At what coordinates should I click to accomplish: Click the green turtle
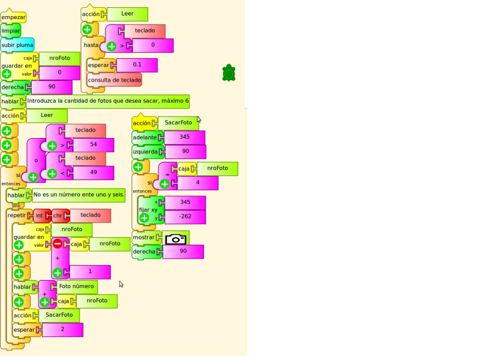click(x=229, y=73)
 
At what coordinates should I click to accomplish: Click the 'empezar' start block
click(x=13, y=17)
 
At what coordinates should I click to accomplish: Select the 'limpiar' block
click(x=11, y=31)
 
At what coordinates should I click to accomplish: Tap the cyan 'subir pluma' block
click(x=17, y=45)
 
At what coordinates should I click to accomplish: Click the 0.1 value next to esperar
click(x=137, y=65)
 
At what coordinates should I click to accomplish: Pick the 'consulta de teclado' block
click(x=115, y=80)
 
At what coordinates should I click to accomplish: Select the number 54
click(x=94, y=145)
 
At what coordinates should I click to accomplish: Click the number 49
click(x=94, y=173)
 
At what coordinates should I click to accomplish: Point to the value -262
click(x=185, y=217)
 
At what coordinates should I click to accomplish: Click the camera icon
click(x=175, y=239)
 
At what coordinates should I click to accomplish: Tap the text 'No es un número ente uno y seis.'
click(x=79, y=194)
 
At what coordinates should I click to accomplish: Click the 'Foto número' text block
click(x=77, y=286)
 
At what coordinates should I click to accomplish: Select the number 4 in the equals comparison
click(x=197, y=182)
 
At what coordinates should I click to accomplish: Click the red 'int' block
click(x=40, y=215)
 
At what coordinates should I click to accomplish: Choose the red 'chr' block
click(x=58, y=215)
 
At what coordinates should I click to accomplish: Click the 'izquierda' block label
click(x=145, y=152)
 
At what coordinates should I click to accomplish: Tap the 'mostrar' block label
click(x=143, y=238)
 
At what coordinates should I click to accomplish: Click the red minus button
click(x=58, y=244)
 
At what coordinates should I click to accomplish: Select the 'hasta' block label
click(x=91, y=45)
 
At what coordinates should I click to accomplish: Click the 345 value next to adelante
click(x=184, y=137)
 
